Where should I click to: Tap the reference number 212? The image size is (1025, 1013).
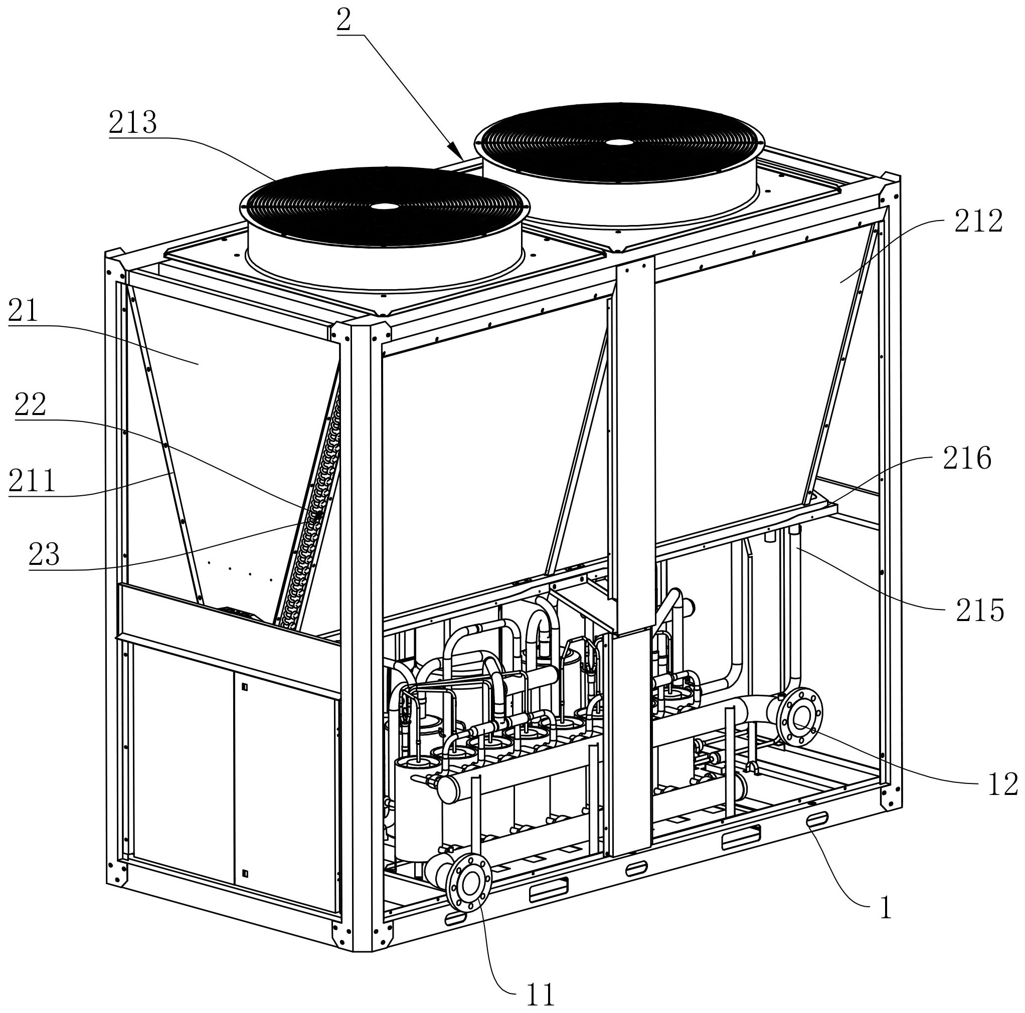pyautogui.click(x=979, y=221)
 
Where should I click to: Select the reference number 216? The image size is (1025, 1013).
pyautogui.click(x=967, y=458)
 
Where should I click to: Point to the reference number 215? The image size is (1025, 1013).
pyautogui.click(x=980, y=611)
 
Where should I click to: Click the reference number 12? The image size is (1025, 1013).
pyautogui.click(x=1003, y=784)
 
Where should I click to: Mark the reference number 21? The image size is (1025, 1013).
pyautogui.click(x=24, y=311)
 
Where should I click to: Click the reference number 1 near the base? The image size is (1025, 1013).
pyautogui.click(x=885, y=907)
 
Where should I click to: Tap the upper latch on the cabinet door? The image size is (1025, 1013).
pyautogui.click(x=244, y=687)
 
